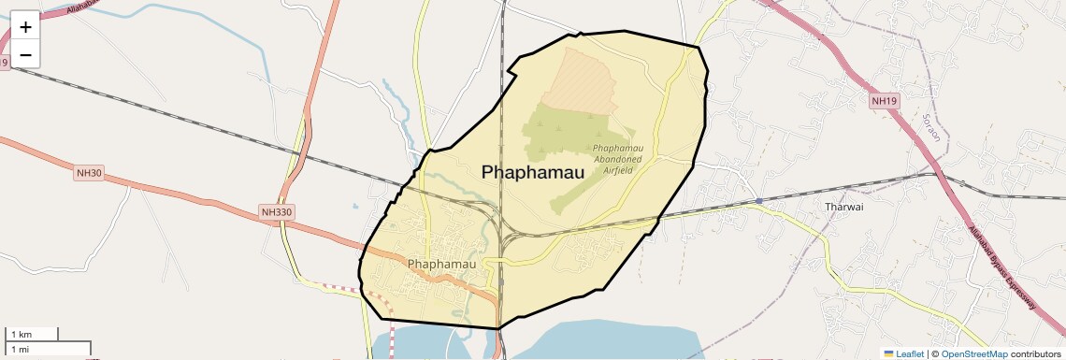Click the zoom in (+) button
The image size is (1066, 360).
tap(25, 26)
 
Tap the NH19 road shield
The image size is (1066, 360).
tap(884, 100)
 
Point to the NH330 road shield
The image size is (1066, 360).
tap(278, 212)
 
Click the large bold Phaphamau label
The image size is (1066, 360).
tap(532, 172)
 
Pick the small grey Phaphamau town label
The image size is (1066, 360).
tap(441, 264)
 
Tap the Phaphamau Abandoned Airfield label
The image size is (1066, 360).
tap(618, 159)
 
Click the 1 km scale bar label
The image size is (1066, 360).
tap(21, 334)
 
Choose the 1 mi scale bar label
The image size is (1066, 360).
tap(20, 349)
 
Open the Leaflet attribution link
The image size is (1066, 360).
tap(903, 353)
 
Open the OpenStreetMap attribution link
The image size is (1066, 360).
tap(974, 353)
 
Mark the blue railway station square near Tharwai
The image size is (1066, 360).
tap(759, 201)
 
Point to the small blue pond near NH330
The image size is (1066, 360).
tap(355, 207)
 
